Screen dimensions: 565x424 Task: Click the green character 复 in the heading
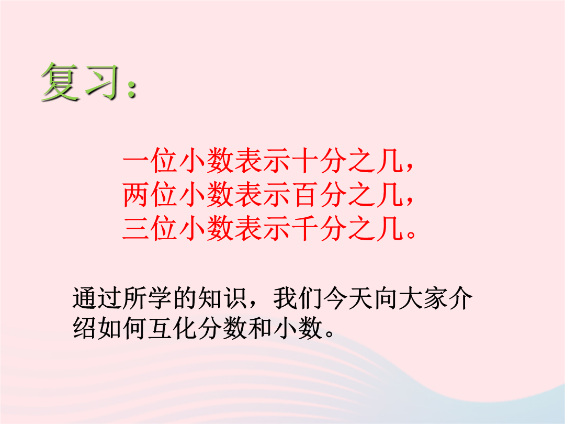tap(60, 82)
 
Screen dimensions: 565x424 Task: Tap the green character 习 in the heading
tap(101, 82)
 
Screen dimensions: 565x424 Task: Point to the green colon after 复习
tap(132, 88)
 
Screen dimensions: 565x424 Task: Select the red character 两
tap(136, 195)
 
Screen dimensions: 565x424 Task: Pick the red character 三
tap(136, 229)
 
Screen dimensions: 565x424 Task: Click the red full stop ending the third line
tap(411, 235)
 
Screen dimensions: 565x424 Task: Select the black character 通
tap(85, 298)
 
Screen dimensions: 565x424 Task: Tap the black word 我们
tap(298, 298)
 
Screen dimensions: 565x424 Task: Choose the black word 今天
tap(348, 298)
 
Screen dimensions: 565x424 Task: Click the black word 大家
tap(423, 298)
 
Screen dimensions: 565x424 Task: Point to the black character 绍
tap(85, 328)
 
